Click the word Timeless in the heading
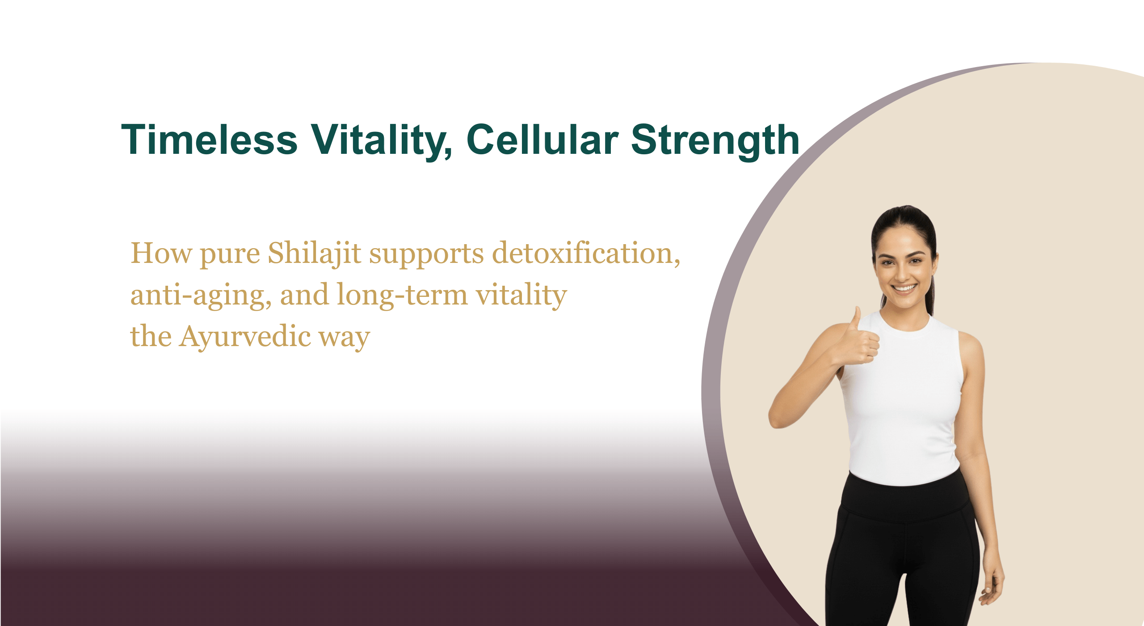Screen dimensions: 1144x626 210,140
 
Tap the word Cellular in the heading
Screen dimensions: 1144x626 543,140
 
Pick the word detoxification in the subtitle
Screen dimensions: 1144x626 586,254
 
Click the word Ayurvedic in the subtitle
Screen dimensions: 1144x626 245,337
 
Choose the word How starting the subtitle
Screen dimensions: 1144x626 161,254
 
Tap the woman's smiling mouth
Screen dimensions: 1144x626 904,288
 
